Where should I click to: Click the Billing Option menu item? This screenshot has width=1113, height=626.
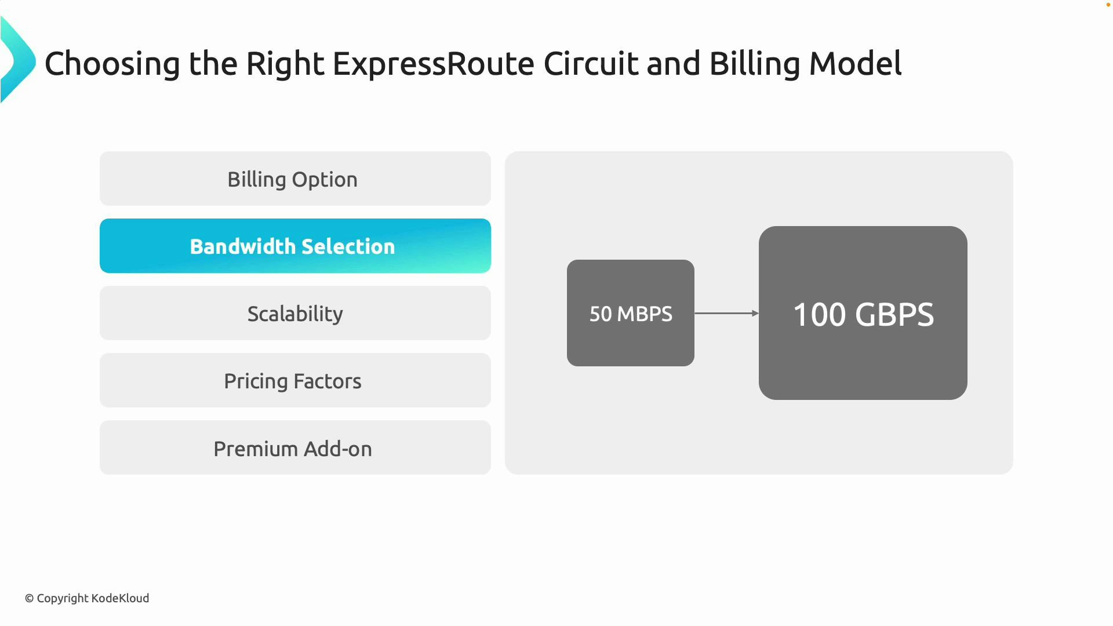[x=295, y=179]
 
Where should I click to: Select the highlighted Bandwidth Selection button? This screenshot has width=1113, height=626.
[x=295, y=246]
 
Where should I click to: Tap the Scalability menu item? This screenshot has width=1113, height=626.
[x=295, y=314]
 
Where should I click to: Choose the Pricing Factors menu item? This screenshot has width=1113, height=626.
[x=295, y=381]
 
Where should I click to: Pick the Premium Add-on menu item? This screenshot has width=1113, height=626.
[x=295, y=449]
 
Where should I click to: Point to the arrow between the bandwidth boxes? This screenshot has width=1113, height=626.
[x=726, y=314]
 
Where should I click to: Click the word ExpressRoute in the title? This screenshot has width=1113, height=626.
[x=433, y=64]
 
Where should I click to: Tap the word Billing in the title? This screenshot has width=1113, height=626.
[x=754, y=64]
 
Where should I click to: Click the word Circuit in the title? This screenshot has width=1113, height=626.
[x=590, y=64]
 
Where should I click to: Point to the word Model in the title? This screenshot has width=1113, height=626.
[x=855, y=64]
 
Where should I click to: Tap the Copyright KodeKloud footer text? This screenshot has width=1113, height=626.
[x=87, y=598]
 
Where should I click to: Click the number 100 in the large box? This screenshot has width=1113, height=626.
[x=819, y=315]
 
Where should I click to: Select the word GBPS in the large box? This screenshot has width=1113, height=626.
[x=894, y=315]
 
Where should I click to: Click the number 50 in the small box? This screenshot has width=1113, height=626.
[x=601, y=314]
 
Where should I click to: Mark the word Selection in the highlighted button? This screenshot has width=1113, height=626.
[x=348, y=247]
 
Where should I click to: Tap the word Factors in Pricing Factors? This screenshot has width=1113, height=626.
[x=328, y=381]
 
